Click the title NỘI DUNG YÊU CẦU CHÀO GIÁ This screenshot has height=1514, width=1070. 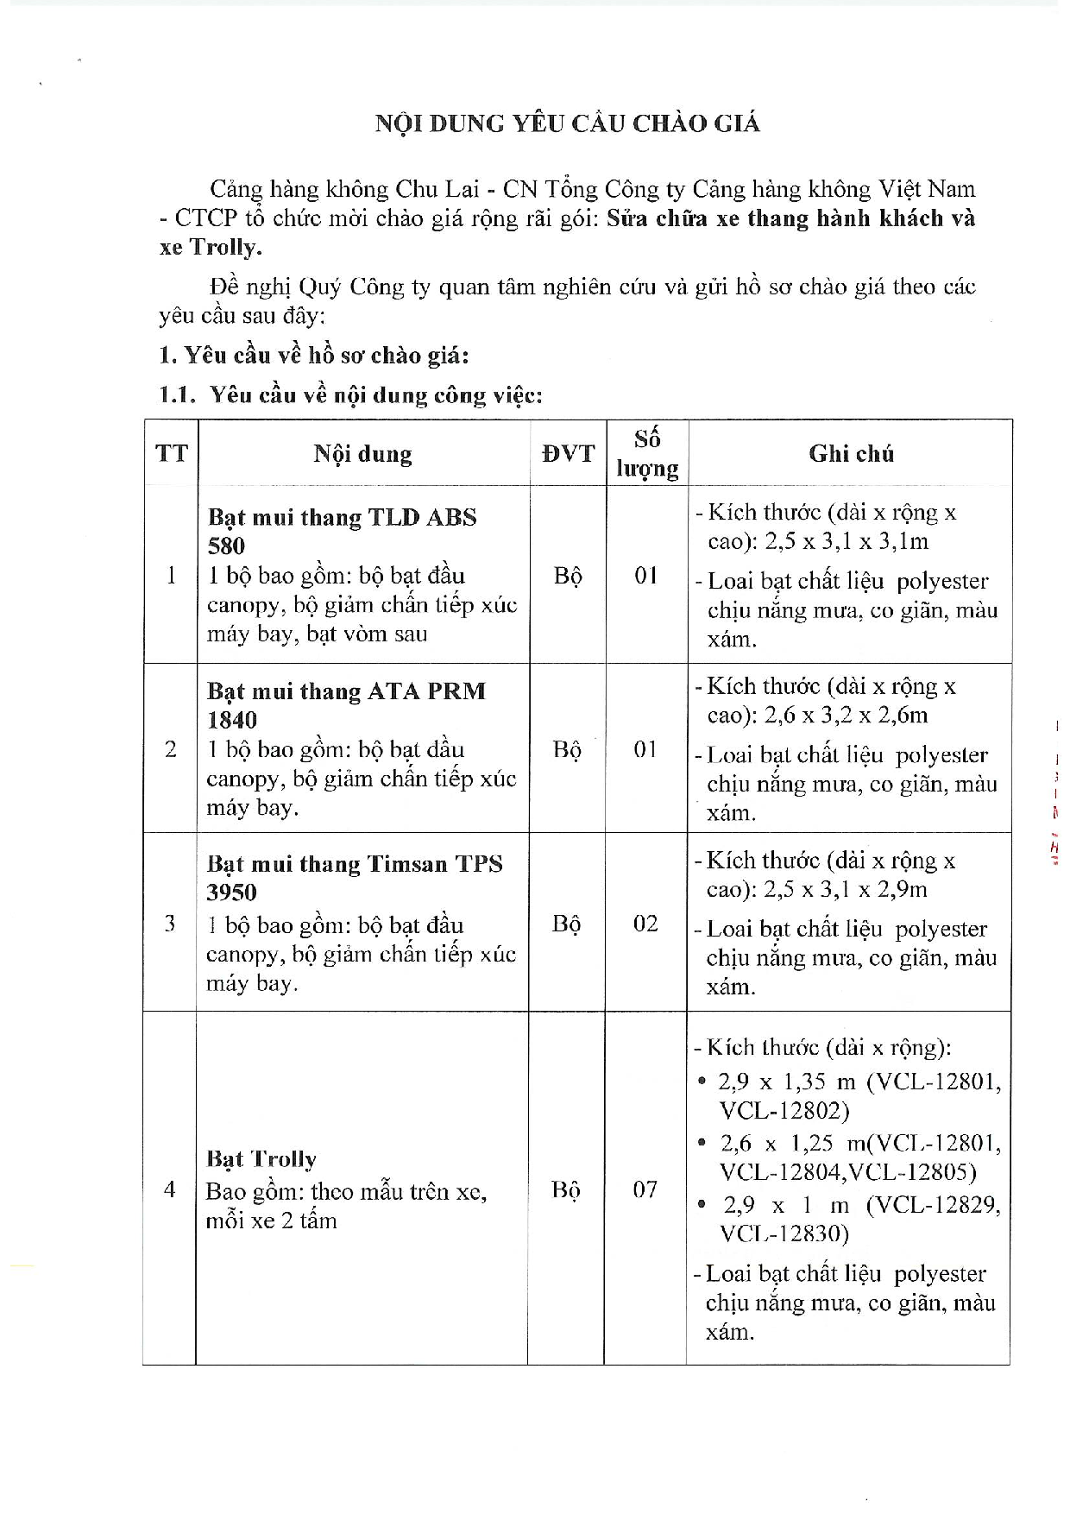(x=567, y=124)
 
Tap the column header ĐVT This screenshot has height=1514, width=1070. (x=568, y=454)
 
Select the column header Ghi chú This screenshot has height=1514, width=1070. (x=851, y=454)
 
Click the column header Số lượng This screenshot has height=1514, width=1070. (x=647, y=454)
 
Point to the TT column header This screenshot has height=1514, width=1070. (x=171, y=454)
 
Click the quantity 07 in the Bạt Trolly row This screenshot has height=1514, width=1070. (x=645, y=1190)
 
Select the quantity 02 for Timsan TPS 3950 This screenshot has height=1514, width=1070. (x=645, y=924)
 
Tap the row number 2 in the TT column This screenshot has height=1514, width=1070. (x=170, y=750)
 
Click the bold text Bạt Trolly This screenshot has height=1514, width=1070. (x=261, y=1159)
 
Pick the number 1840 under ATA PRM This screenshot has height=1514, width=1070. (x=232, y=721)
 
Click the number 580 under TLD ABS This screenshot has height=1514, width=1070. (x=226, y=546)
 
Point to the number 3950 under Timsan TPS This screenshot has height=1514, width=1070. (x=231, y=893)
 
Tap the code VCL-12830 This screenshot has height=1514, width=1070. (x=784, y=1234)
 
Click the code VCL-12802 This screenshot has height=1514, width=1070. (x=784, y=1111)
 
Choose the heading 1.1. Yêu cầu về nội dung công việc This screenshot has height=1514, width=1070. (x=351, y=395)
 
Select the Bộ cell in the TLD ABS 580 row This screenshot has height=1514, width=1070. (x=567, y=576)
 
